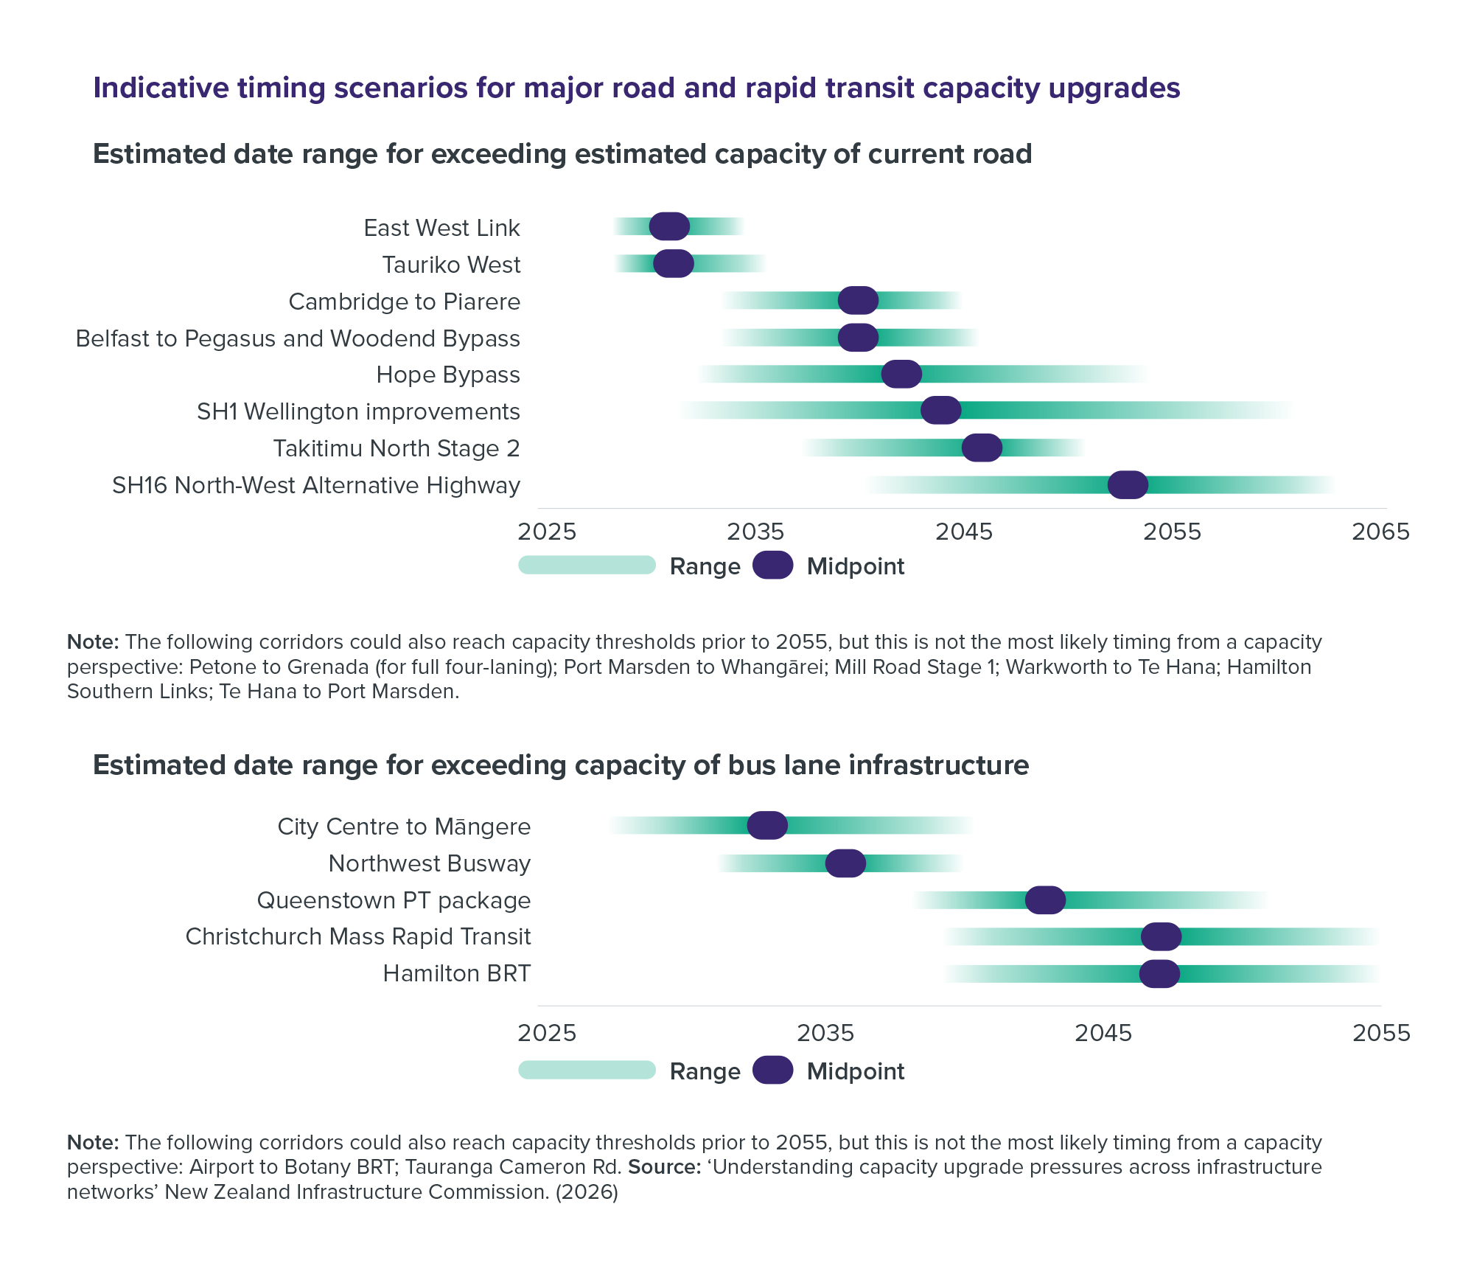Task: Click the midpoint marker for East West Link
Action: pos(669,226)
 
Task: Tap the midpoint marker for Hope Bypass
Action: pos(901,374)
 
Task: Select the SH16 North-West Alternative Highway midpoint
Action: pos(1128,484)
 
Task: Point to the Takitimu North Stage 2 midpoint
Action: pos(982,448)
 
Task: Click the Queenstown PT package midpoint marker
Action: pos(1045,900)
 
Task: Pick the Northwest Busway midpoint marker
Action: pos(845,863)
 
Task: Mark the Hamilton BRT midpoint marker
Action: pos(1159,973)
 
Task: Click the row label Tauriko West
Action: pos(451,265)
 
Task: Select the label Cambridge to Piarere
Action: pos(404,302)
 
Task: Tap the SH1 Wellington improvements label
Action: pos(358,411)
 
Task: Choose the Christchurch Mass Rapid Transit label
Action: pos(357,936)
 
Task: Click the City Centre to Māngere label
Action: pos(404,827)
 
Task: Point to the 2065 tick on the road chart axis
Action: pos(1380,532)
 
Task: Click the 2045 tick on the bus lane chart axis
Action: pos(1103,1033)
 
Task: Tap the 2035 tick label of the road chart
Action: pos(755,532)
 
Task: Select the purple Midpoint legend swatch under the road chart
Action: pos(772,566)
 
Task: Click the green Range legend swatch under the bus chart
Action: pos(587,1070)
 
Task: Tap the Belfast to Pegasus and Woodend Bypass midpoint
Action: pos(858,337)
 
